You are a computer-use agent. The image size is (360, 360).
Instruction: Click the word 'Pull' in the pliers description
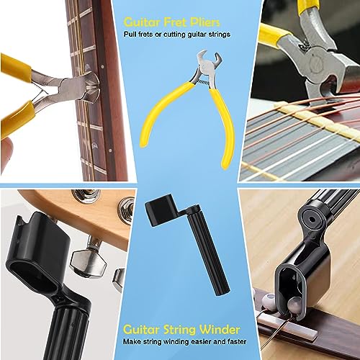click(131, 35)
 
